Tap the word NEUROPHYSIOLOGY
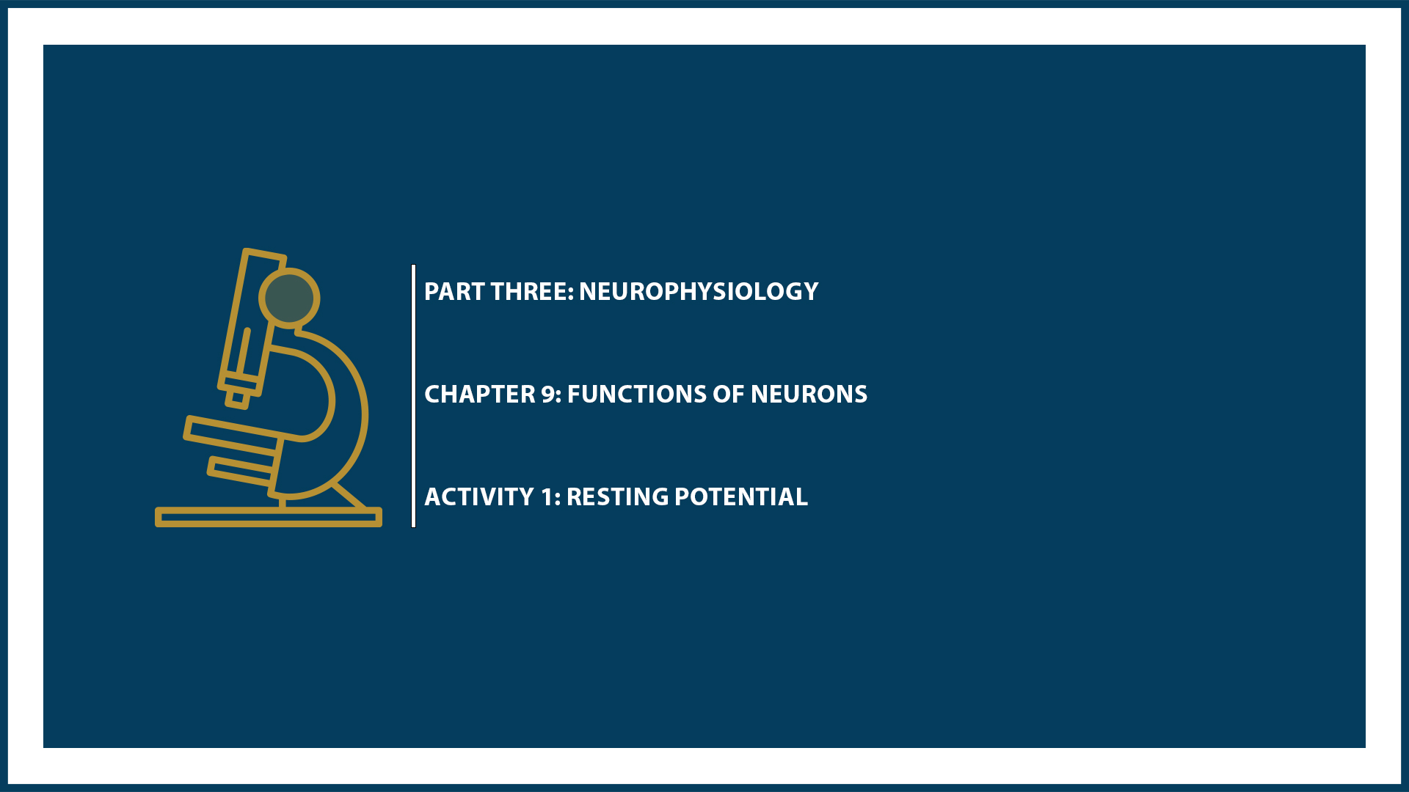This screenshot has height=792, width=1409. tap(698, 292)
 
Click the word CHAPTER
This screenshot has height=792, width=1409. tap(480, 395)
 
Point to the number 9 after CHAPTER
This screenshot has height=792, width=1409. tap(548, 395)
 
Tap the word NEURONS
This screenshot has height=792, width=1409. tap(809, 395)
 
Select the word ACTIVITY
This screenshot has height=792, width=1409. tap(478, 497)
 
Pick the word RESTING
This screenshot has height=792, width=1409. tap(616, 497)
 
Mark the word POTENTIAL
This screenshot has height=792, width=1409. tap(740, 497)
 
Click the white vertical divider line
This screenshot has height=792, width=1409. tap(414, 396)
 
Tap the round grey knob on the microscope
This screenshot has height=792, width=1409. tap(289, 298)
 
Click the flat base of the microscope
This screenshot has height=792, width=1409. tap(269, 518)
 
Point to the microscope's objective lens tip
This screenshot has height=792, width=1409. tap(237, 398)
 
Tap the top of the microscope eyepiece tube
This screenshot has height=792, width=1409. tap(264, 256)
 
